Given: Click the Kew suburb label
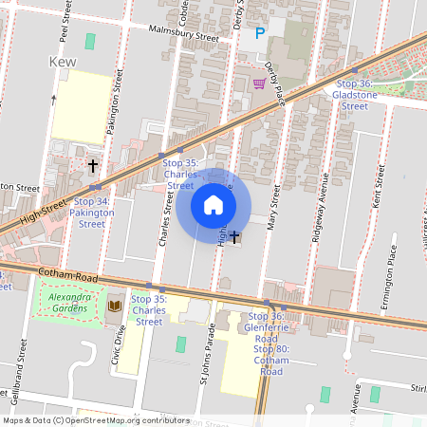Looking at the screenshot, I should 62,62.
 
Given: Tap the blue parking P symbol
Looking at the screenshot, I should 259,35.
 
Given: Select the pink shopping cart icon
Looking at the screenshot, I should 259,84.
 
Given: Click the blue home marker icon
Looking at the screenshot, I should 213,205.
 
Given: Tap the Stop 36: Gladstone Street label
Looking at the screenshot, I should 354,96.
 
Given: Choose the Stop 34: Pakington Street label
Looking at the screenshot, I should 92,213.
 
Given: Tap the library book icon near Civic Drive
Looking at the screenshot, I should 115,306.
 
